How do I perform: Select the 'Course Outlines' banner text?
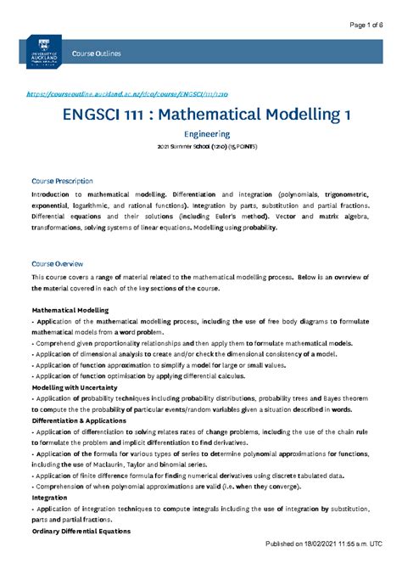pyautogui.click(x=98, y=54)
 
